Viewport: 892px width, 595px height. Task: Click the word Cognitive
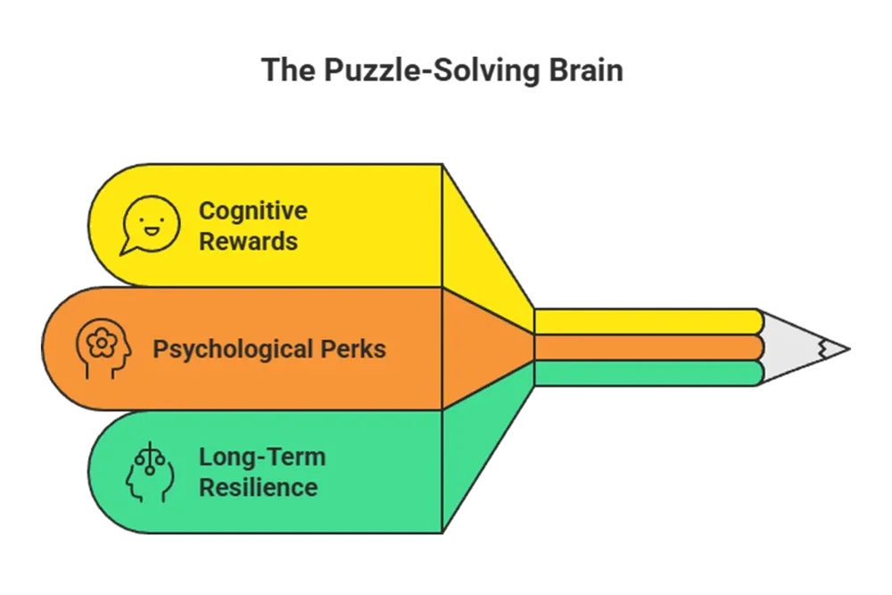click(252, 211)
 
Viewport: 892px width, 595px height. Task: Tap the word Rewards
click(248, 241)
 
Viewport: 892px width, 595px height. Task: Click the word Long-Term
click(261, 457)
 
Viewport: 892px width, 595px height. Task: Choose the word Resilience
click(258, 487)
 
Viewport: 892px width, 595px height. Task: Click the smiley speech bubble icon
click(151, 224)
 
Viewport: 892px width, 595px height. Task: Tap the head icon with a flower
click(103, 349)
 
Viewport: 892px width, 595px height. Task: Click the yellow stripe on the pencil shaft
click(647, 321)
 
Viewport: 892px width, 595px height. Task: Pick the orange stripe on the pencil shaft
click(647, 347)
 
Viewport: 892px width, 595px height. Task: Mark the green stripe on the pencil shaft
click(647, 373)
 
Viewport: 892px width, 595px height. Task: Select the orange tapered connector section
click(486, 348)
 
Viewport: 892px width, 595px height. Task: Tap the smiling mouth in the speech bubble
click(152, 230)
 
